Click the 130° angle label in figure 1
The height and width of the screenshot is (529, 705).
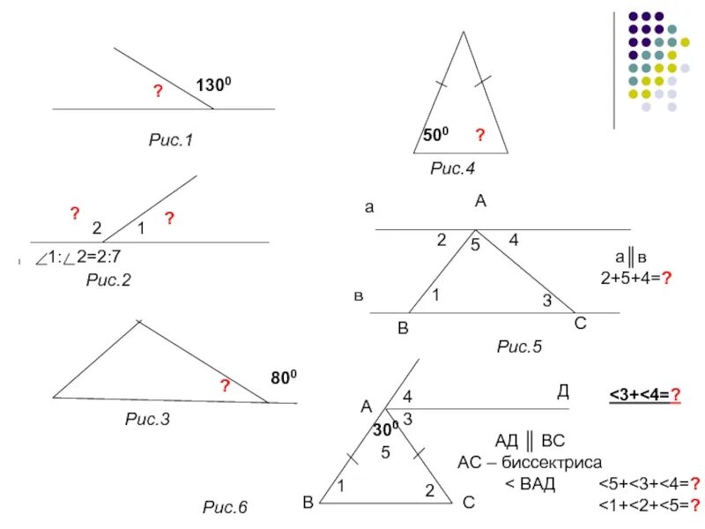[213, 86]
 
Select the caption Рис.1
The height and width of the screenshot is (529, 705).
[169, 139]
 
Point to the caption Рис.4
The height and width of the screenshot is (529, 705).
[452, 168]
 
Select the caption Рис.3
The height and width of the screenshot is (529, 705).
[147, 420]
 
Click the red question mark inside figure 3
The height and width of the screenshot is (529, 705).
[226, 386]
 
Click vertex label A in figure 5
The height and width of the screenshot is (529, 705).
[480, 202]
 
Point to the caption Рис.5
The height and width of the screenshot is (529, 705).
[519, 346]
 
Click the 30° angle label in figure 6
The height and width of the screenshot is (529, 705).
[385, 429]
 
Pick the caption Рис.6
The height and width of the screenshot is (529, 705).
[226, 507]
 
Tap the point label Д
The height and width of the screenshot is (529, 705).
[562, 390]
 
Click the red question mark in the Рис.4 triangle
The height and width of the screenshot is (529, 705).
[480, 135]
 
